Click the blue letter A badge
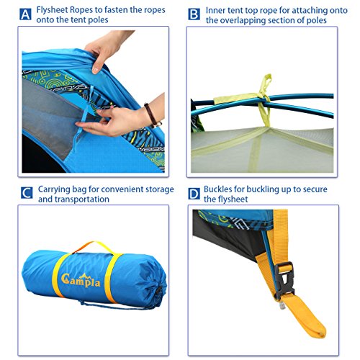click(x=25, y=14)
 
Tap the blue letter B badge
click(x=194, y=14)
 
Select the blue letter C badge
click(x=27, y=193)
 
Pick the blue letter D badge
click(x=194, y=194)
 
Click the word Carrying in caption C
click(x=54, y=189)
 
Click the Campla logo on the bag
click(x=81, y=279)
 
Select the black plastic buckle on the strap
click(x=284, y=279)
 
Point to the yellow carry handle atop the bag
click(x=94, y=247)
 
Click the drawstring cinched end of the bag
click(x=159, y=291)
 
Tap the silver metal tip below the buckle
click(x=282, y=305)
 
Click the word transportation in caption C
click(x=73, y=199)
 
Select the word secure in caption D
click(x=315, y=189)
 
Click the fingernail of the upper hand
click(x=95, y=70)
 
